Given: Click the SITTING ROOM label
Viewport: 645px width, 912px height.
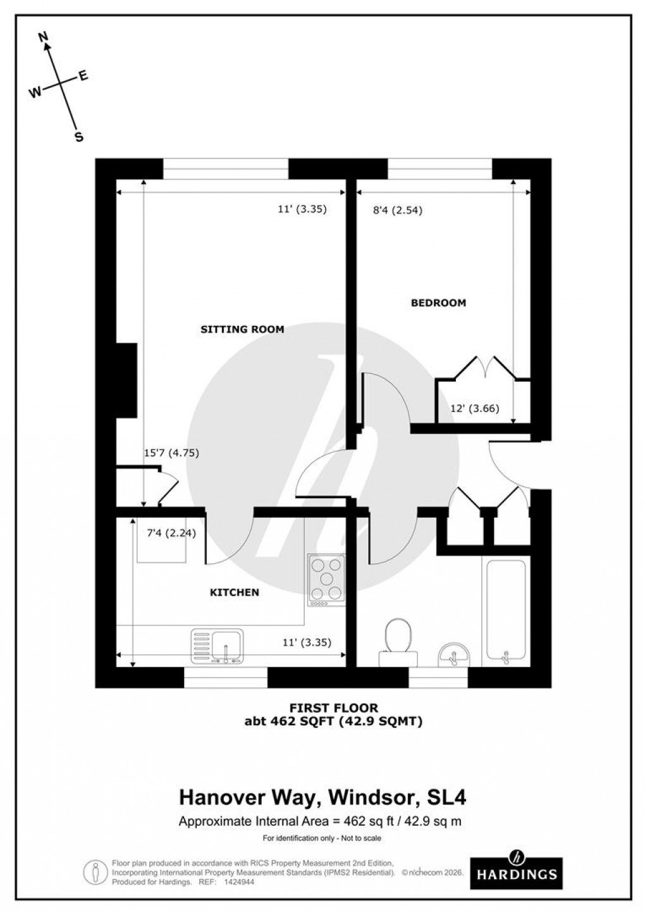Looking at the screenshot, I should [x=242, y=329].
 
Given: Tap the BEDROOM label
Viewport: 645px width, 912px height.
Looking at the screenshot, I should [x=438, y=303].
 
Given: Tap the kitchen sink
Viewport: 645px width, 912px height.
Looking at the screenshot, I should [x=217, y=645].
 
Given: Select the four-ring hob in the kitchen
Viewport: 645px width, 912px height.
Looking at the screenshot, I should [x=326, y=578].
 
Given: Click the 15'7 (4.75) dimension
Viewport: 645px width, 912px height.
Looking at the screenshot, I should [x=171, y=453].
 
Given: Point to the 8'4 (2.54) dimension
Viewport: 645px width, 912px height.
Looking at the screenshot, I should [x=397, y=211].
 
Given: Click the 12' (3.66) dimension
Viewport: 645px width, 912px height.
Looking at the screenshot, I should [x=474, y=408].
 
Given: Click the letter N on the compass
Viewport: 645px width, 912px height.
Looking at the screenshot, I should [x=44, y=38].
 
